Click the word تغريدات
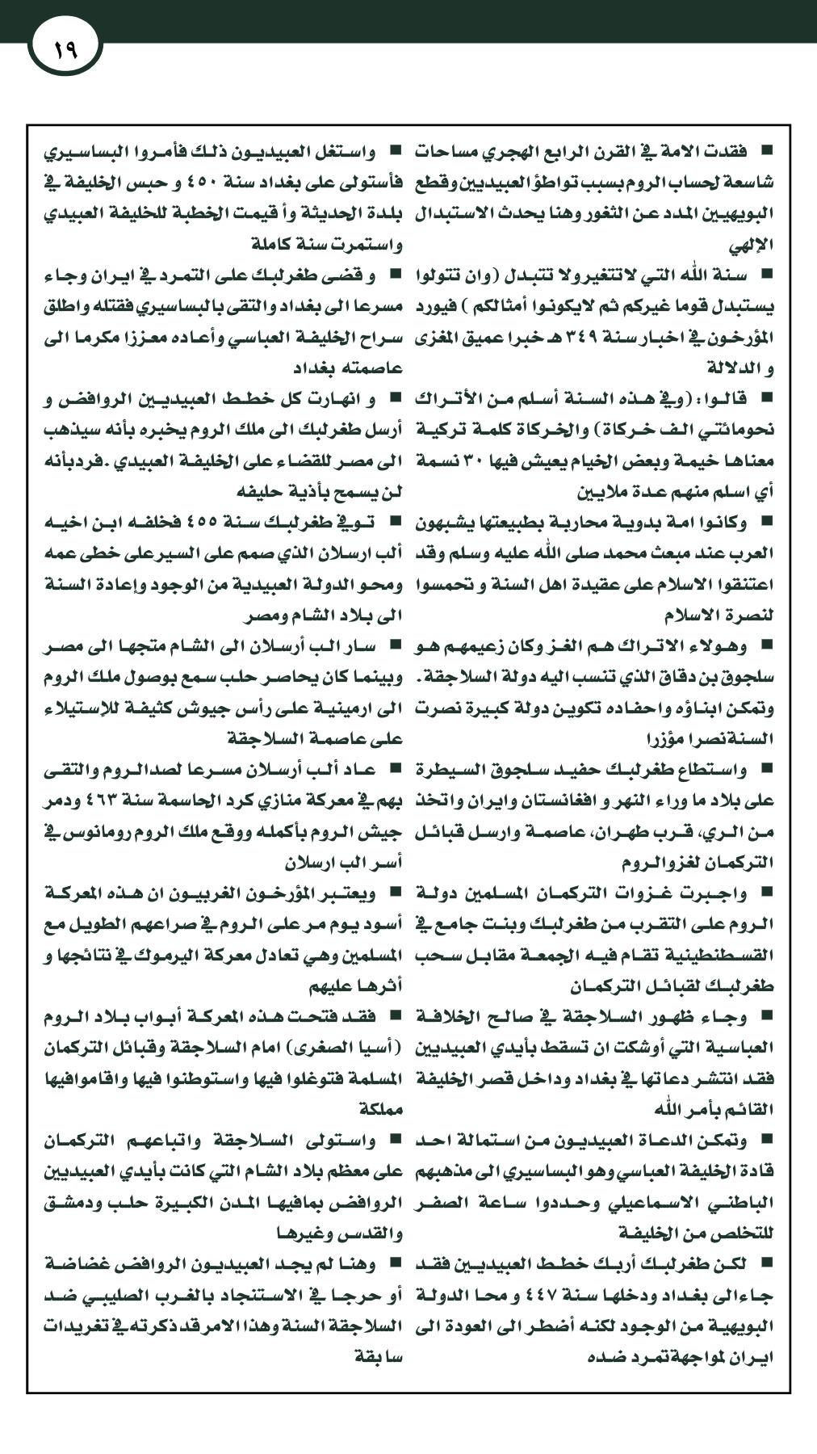pos(75,1326)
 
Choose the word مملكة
pos(380,1109)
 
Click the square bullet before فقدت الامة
pos(766,149)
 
